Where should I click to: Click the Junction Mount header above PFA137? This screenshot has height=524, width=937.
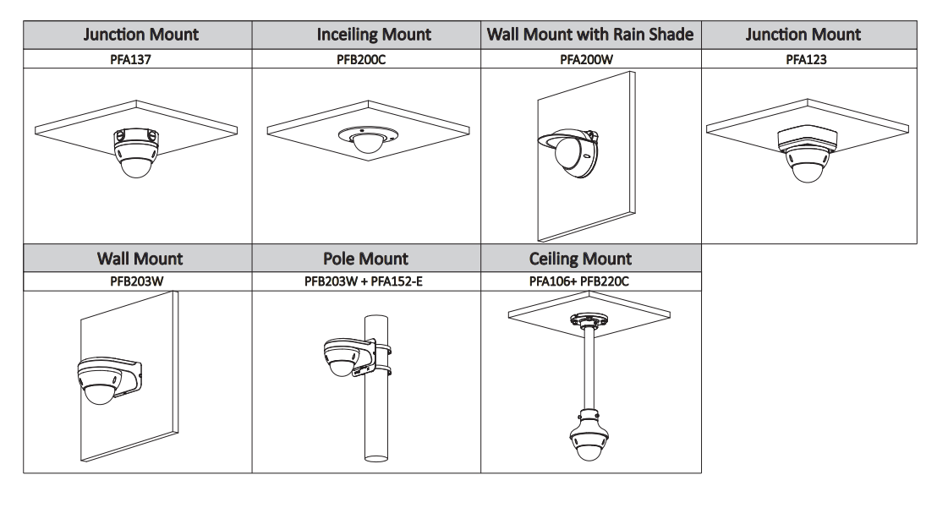138,35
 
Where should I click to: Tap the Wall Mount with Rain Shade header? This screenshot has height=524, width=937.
590,35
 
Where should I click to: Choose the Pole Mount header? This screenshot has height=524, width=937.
365,258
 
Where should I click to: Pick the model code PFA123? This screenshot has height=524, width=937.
804,60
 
